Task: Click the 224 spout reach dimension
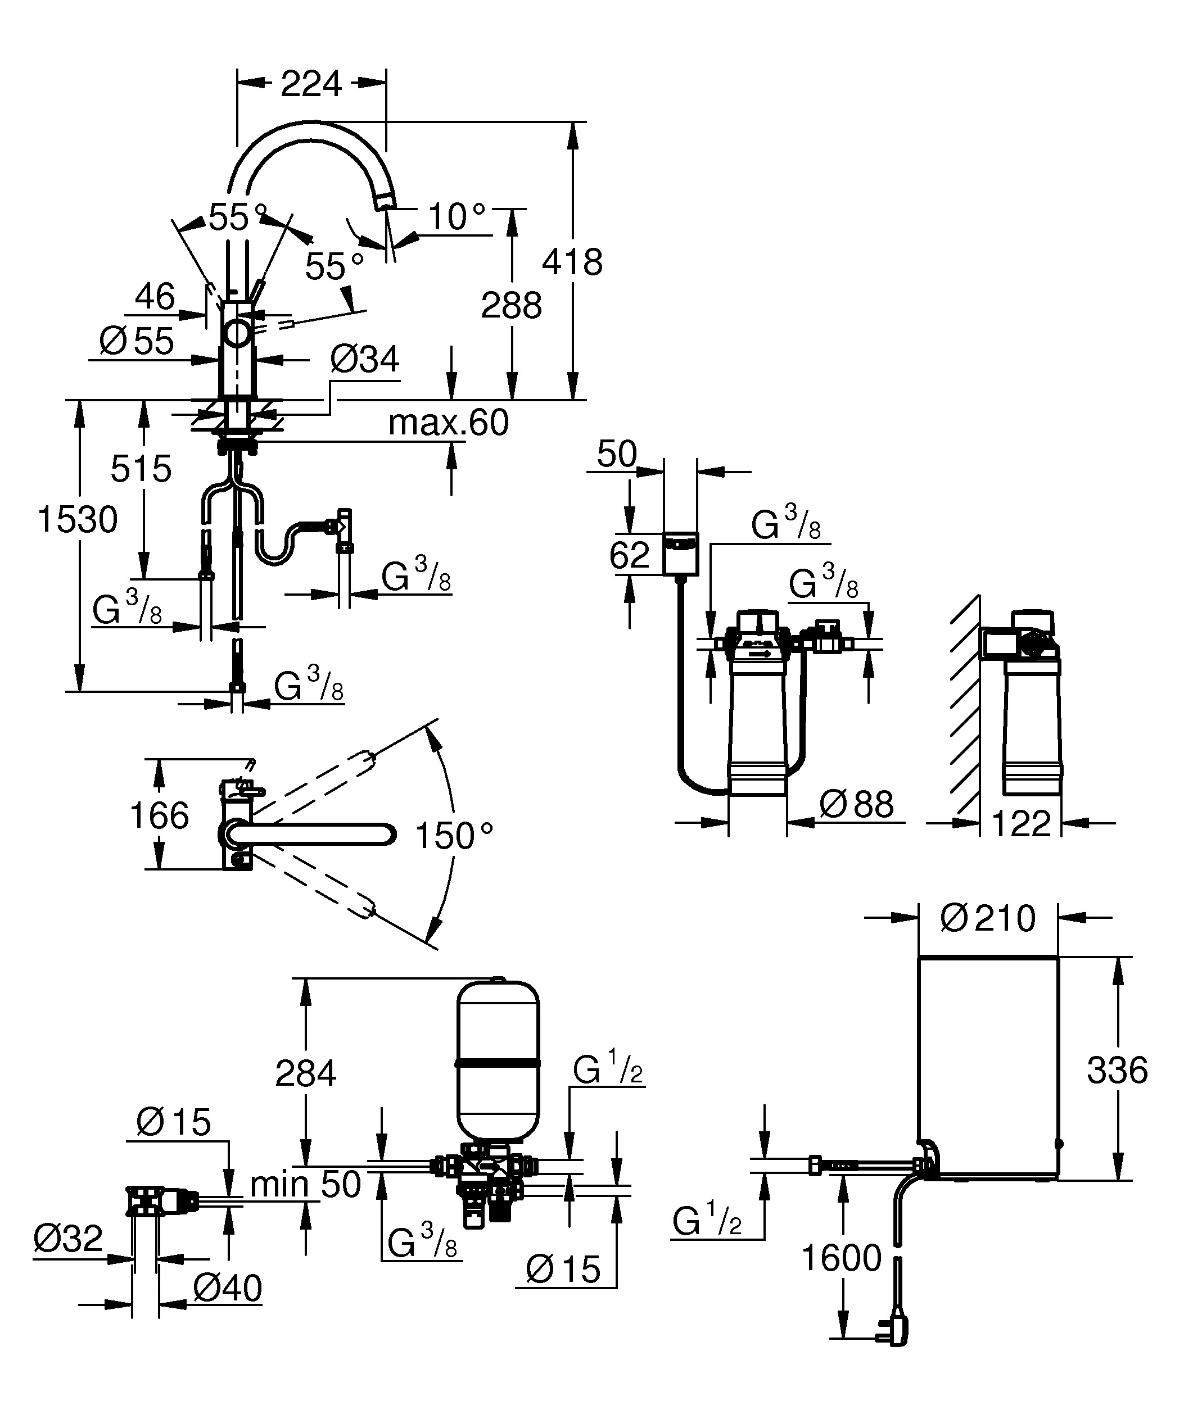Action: [311, 84]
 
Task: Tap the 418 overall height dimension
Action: [572, 262]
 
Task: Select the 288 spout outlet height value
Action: [511, 305]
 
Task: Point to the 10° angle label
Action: [457, 217]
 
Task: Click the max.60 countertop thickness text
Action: [448, 423]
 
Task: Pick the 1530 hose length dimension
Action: [78, 520]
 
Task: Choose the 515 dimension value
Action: [141, 468]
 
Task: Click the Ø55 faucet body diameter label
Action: [137, 341]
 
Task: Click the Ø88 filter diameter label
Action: [856, 804]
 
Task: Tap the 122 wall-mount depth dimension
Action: [1021, 823]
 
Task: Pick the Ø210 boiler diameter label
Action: [988, 918]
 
